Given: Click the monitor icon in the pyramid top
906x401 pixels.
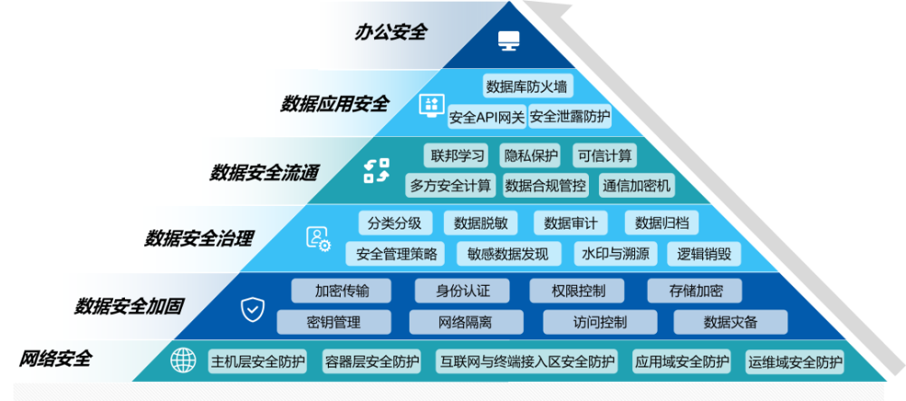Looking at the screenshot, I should pos(509,40).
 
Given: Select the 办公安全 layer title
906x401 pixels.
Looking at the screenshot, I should pos(390,33).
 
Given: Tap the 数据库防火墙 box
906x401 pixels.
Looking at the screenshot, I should pos(526,87).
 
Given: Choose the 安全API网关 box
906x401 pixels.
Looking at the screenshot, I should pos(487,117).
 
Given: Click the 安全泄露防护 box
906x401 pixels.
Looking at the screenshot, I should pos(570,117).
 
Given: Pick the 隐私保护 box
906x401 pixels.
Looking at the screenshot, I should pos(532,155).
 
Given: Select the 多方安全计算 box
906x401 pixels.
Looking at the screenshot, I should pos(451,186).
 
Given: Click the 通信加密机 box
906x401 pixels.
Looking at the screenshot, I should pos(636,186).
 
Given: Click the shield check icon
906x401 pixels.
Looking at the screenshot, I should pos(253,309).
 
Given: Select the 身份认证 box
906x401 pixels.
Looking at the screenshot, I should pos(463,291).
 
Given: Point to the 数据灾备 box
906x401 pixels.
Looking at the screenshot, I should pos(730,322).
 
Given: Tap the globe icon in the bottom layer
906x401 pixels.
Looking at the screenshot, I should pos(183,361).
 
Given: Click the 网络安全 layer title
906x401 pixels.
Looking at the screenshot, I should pos(55,358).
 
